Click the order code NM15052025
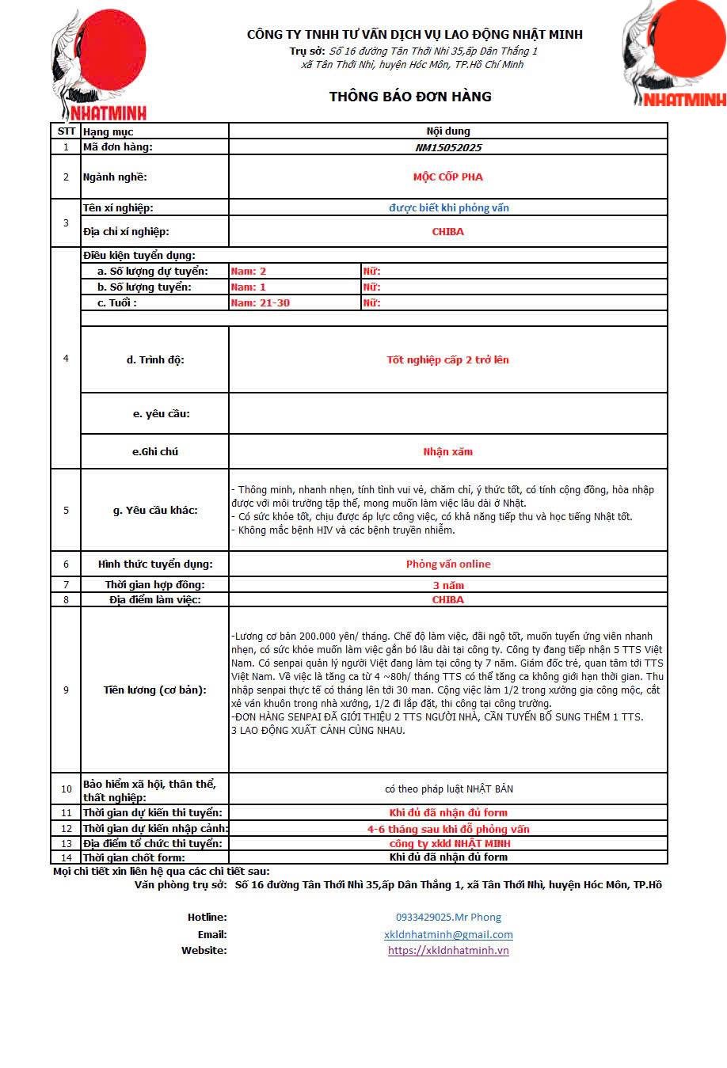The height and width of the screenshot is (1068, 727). click(x=448, y=147)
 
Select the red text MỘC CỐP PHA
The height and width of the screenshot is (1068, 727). click(x=447, y=177)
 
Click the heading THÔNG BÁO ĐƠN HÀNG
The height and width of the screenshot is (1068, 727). click(x=410, y=97)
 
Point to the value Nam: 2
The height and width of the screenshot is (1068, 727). click(x=249, y=272)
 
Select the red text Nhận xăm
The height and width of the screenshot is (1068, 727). click(x=447, y=452)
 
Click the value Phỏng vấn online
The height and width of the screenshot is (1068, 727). click(x=448, y=564)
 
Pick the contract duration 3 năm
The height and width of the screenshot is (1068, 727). click(x=448, y=586)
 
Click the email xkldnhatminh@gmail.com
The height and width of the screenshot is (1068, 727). click(x=448, y=935)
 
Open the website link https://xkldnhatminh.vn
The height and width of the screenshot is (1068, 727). click(x=448, y=951)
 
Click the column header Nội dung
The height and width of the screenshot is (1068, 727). click(x=448, y=131)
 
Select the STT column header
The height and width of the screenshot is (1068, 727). click(x=67, y=131)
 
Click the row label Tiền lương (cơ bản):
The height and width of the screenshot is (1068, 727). click(x=155, y=690)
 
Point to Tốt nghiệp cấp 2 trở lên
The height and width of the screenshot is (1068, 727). click(x=447, y=360)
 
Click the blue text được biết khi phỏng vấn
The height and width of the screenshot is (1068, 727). click(x=448, y=208)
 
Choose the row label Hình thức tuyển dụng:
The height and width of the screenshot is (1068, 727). click(x=155, y=564)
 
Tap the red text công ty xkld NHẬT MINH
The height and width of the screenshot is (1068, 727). click(x=449, y=844)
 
